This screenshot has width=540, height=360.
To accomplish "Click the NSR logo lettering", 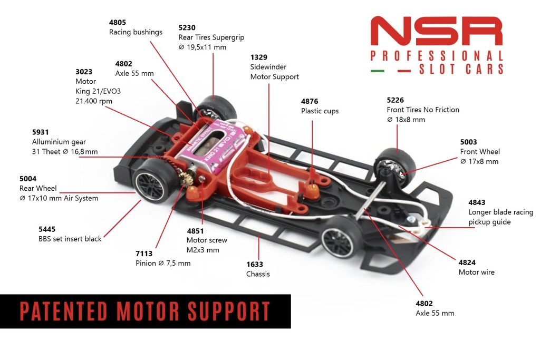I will coord(437,31).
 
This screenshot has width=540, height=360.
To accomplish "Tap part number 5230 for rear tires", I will coord(187,27).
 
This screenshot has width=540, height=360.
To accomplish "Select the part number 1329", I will coord(258,57).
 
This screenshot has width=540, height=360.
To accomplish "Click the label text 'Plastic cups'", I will coord(320,111).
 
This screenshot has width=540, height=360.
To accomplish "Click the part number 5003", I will coord(468,142).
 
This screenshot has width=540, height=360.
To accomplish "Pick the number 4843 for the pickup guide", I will coord(477,202).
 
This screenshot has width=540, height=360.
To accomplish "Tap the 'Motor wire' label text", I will coord(476,272).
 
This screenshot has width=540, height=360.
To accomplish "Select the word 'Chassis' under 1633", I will coord(258,274).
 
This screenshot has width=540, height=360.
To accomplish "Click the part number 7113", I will coord(144,254).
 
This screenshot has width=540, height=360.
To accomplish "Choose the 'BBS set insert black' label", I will coord(70,239).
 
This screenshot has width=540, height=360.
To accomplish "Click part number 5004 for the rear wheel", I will coord(28,179).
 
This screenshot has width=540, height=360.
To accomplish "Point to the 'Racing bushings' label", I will coord(136,32).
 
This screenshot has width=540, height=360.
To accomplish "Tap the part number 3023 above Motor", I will coord(84,72).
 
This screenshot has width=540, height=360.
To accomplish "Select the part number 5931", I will coord(41,132).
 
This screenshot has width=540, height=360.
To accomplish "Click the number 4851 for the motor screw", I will coord(195,231).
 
